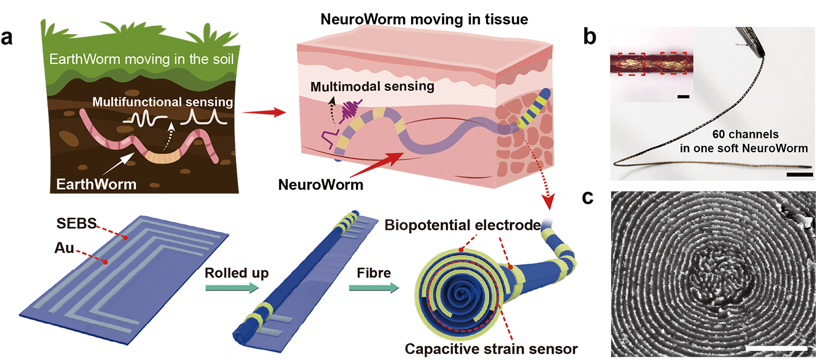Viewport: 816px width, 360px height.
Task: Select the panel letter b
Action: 590,37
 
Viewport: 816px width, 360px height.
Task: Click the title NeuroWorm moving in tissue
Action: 407,20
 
